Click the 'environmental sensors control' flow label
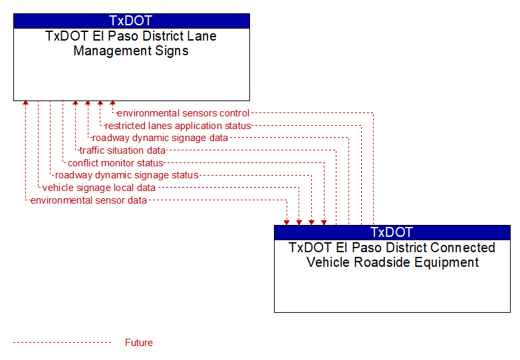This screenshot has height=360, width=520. pos(183,113)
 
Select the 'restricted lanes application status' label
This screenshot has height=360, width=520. pos(178,126)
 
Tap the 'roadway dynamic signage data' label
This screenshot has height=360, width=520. pos(160,138)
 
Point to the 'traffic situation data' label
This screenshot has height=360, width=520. pos(122,150)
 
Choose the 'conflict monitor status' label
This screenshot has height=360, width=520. pos(116,163)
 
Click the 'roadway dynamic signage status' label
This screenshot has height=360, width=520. pos(127,175)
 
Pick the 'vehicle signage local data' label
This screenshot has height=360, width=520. pos(99,188)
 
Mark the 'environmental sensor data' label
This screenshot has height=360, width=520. pos(88,200)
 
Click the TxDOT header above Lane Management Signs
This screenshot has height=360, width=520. pos(131,21)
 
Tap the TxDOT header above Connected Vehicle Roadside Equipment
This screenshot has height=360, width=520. pos(392,232)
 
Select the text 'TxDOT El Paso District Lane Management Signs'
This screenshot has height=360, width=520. pos(131,43)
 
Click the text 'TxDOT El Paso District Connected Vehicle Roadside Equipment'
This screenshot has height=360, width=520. pos(392,255)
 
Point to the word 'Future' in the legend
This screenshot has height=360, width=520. pos(139,343)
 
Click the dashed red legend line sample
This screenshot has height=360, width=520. pos(62,343)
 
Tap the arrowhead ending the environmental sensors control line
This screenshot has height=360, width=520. pos(113,103)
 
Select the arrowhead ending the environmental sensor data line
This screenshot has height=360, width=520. pos(287,223)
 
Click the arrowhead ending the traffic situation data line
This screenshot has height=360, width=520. pos(75,103)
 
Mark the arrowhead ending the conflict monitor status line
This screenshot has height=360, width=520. pos(324,223)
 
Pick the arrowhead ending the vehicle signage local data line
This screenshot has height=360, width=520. pos(299,223)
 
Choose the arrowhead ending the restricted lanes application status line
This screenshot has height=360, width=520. pos(100,103)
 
